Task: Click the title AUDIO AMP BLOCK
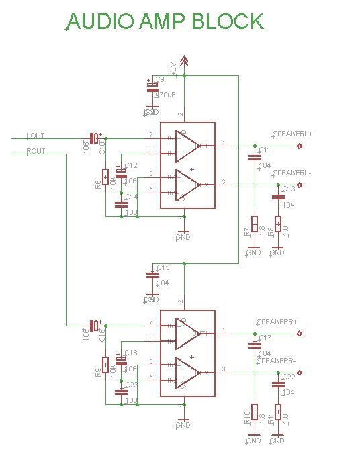click(x=165, y=21)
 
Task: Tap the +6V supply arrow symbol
click(x=185, y=62)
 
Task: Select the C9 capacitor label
click(x=160, y=79)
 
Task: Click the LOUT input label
click(x=36, y=136)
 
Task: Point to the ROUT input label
click(x=36, y=152)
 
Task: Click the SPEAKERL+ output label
click(x=292, y=134)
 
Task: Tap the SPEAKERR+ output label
click(x=276, y=322)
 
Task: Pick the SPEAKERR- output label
click(x=276, y=361)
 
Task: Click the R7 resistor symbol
click(x=254, y=224)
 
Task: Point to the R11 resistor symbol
click(x=278, y=412)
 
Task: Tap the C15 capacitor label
click(x=163, y=267)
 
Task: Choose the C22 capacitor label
click(x=288, y=377)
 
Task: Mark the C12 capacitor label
click(x=130, y=165)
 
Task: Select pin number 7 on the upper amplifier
click(x=150, y=135)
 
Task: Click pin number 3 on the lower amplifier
click(x=223, y=370)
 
